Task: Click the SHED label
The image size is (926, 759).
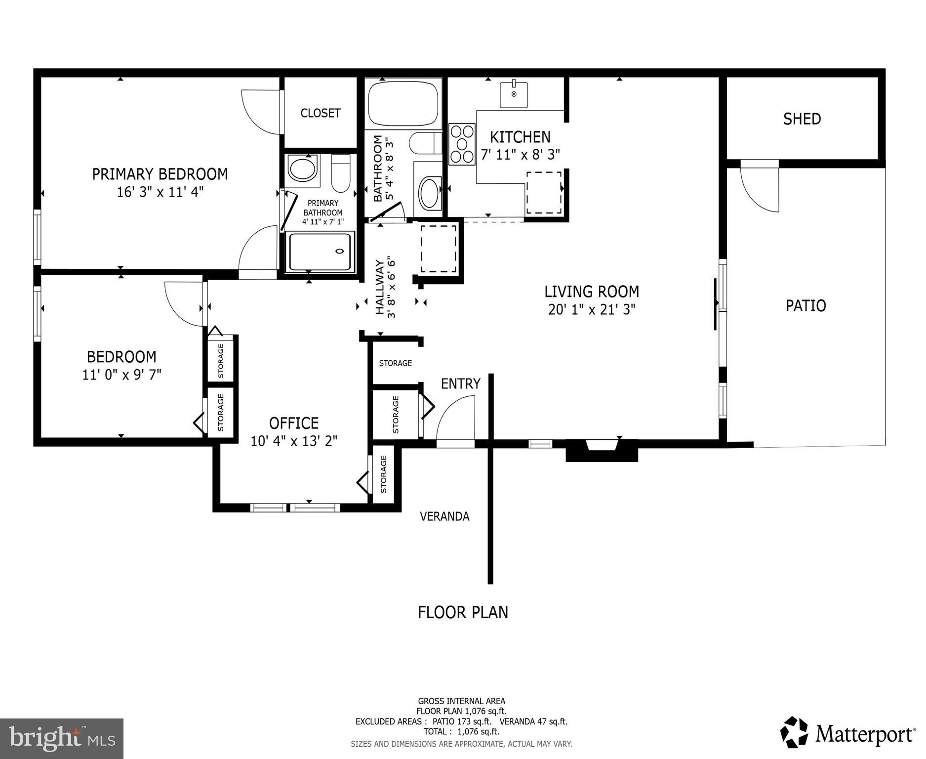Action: point(802,119)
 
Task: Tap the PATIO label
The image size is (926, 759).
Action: point(805,305)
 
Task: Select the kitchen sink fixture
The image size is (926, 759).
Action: point(514,94)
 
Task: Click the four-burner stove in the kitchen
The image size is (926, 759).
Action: point(462,144)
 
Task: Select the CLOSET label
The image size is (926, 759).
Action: point(321,113)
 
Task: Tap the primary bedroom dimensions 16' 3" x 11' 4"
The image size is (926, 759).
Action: point(160,192)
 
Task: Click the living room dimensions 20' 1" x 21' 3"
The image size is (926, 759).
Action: point(591,310)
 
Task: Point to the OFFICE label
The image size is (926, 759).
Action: point(293,423)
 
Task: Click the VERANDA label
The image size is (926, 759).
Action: point(444,516)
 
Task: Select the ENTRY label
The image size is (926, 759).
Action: point(460,383)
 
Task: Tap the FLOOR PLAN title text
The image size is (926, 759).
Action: point(463,612)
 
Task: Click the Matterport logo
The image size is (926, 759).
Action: point(847,733)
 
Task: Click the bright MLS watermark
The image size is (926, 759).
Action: point(62,738)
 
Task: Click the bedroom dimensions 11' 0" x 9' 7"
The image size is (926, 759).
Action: point(121,375)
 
